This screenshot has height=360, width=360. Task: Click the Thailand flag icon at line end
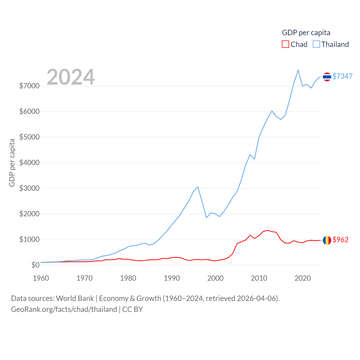pyautogui.click(x=327, y=76)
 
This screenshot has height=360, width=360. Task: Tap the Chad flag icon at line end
pyautogui.click(x=327, y=240)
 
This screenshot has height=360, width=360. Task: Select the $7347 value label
pyautogui.click(x=342, y=76)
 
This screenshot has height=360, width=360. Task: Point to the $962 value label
pyautogui.click(x=340, y=240)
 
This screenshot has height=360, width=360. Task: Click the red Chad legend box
pyautogui.click(x=285, y=44)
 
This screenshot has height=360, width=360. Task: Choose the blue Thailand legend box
pyautogui.click(x=316, y=44)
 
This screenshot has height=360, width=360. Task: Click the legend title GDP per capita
pyautogui.click(x=306, y=33)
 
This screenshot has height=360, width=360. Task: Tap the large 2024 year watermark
pyautogui.click(x=71, y=77)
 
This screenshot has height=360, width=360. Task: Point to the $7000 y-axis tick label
pyautogui.click(x=29, y=86)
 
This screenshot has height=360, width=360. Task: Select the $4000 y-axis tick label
pyautogui.click(x=29, y=163)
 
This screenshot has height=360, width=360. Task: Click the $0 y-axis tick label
pyautogui.click(x=35, y=265)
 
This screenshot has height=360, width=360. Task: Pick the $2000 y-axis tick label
pyautogui.click(x=29, y=214)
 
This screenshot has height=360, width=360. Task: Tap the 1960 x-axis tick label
pyautogui.click(x=41, y=278)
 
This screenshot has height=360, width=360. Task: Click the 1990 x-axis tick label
pyautogui.click(x=172, y=278)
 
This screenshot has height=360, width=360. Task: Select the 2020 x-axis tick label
pyautogui.click(x=303, y=278)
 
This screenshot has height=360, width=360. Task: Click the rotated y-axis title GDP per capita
pyautogui.click(x=12, y=163)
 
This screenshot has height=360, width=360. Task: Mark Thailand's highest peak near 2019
pyautogui.click(x=298, y=70)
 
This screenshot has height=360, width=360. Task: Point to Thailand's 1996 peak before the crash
pyautogui.click(x=198, y=187)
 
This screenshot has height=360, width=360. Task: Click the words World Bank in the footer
pyautogui.click(x=75, y=298)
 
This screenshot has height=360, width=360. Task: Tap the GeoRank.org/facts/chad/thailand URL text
pyautogui.click(x=64, y=309)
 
